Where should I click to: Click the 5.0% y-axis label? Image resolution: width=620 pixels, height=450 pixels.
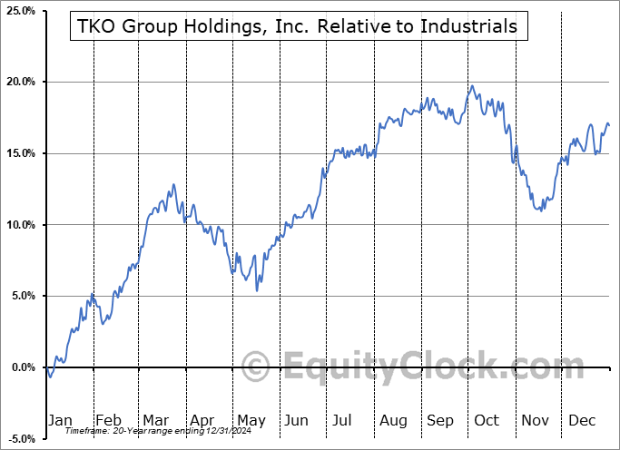point(21,296)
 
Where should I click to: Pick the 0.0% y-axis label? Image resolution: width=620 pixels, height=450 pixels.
point(21,367)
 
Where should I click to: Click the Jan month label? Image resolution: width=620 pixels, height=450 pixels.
point(60,421)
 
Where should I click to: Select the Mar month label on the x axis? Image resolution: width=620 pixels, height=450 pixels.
point(156,421)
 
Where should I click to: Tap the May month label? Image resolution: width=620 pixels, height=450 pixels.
point(251,421)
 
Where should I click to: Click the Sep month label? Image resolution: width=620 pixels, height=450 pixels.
point(440,421)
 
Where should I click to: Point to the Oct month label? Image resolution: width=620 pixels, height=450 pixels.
point(487,421)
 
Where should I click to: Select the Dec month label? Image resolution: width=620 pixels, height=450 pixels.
point(582,421)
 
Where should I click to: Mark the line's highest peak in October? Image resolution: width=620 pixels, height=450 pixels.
point(471,86)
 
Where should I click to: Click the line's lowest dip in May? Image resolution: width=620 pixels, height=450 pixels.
point(257,290)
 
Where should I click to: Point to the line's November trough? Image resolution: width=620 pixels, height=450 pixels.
point(541,210)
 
